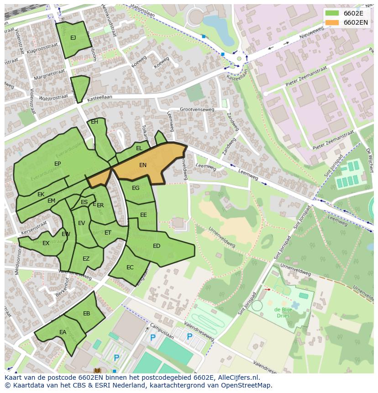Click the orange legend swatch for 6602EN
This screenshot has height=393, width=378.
click(x=332, y=22)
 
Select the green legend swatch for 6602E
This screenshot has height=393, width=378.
click(x=332, y=13)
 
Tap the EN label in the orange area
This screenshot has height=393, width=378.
click(x=143, y=165)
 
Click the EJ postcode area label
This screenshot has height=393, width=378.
click(x=73, y=38)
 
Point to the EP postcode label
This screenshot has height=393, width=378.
click(x=58, y=164)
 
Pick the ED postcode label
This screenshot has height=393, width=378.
click(x=157, y=246)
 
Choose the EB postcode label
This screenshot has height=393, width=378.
click(x=87, y=314)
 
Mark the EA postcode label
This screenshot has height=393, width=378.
click(x=63, y=332)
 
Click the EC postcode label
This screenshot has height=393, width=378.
click(x=130, y=267)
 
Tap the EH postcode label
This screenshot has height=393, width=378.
click(x=94, y=122)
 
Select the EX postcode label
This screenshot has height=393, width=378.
click(x=46, y=243)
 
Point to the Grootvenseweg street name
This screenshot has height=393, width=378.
click(x=197, y=110)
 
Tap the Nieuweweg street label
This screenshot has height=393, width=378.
click(x=311, y=32)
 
